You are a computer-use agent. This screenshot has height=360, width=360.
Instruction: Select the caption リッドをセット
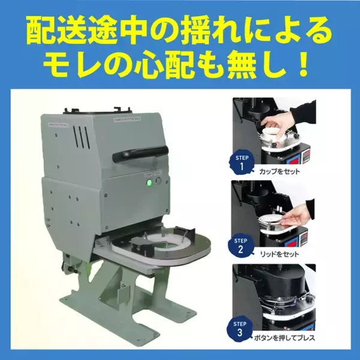280,254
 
